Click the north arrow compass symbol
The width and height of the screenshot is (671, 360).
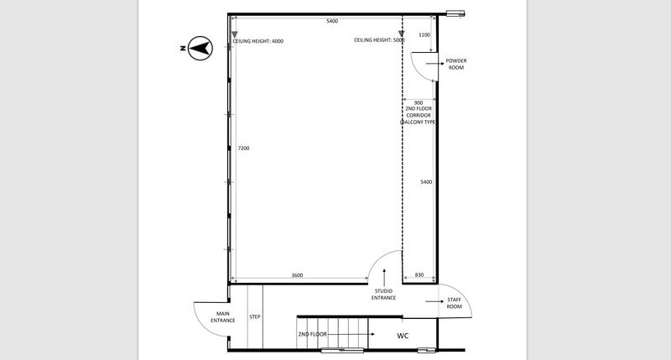(x=200, y=48)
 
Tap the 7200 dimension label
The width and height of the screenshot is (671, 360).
(x=243, y=148)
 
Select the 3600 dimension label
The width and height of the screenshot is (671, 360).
(x=297, y=275)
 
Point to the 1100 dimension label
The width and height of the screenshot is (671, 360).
(x=424, y=35)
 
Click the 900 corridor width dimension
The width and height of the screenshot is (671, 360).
(x=419, y=102)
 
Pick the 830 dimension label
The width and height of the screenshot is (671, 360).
(x=419, y=274)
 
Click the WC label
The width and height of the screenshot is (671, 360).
(x=403, y=336)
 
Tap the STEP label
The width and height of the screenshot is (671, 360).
(x=255, y=316)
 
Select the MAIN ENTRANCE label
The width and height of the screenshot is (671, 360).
(x=222, y=317)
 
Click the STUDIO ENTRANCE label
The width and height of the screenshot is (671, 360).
(x=383, y=295)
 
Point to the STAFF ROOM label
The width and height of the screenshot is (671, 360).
(x=454, y=303)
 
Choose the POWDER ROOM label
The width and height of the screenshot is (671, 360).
(x=456, y=65)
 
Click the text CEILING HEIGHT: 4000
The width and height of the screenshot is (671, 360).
(x=258, y=41)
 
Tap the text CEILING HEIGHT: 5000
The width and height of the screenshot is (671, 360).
(x=379, y=40)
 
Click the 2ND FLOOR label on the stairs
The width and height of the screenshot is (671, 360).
(x=312, y=334)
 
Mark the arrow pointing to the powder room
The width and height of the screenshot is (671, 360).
(x=434, y=63)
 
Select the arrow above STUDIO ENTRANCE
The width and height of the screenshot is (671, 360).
(x=384, y=278)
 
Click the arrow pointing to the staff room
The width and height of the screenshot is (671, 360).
(x=434, y=301)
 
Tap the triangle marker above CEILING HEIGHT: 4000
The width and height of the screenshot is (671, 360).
(x=235, y=34)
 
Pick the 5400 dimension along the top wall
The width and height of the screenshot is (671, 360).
(x=332, y=21)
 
